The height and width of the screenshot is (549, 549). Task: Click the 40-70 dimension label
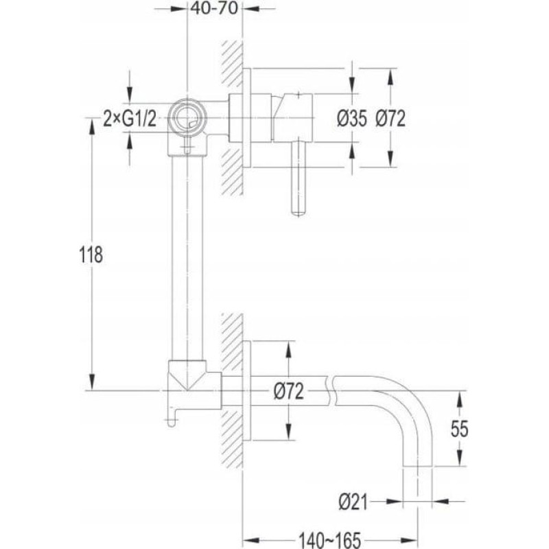click(x=215, y=8)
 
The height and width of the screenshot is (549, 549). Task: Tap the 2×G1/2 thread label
click(x=130, y=119)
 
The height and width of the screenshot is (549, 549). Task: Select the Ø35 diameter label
click(x=352, y=118)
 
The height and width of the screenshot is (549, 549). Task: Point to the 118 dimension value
click(x=91, y=255)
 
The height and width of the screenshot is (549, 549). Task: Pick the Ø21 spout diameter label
click(x=353, y=502)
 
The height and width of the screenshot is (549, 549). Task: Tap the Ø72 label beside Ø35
click(x=390, y=118)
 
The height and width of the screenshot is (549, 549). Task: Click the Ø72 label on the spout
click(x=288, y=391)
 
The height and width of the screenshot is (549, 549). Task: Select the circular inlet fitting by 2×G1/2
click(x=187, y=117)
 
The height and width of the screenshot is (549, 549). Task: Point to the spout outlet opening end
click(x=418, y=466)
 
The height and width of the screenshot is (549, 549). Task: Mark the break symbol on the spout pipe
click(x=331, y=390)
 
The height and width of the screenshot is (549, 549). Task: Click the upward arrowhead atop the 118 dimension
click(x=92, y=126)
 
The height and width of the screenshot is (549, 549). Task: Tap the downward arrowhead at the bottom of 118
click(x=92, y=382)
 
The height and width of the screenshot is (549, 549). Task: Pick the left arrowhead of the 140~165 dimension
click(x=250, y=541)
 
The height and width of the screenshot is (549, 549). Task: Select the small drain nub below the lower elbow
click(x=171, y=419)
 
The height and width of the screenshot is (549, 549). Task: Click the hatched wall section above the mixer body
click(x=232, y=63)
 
